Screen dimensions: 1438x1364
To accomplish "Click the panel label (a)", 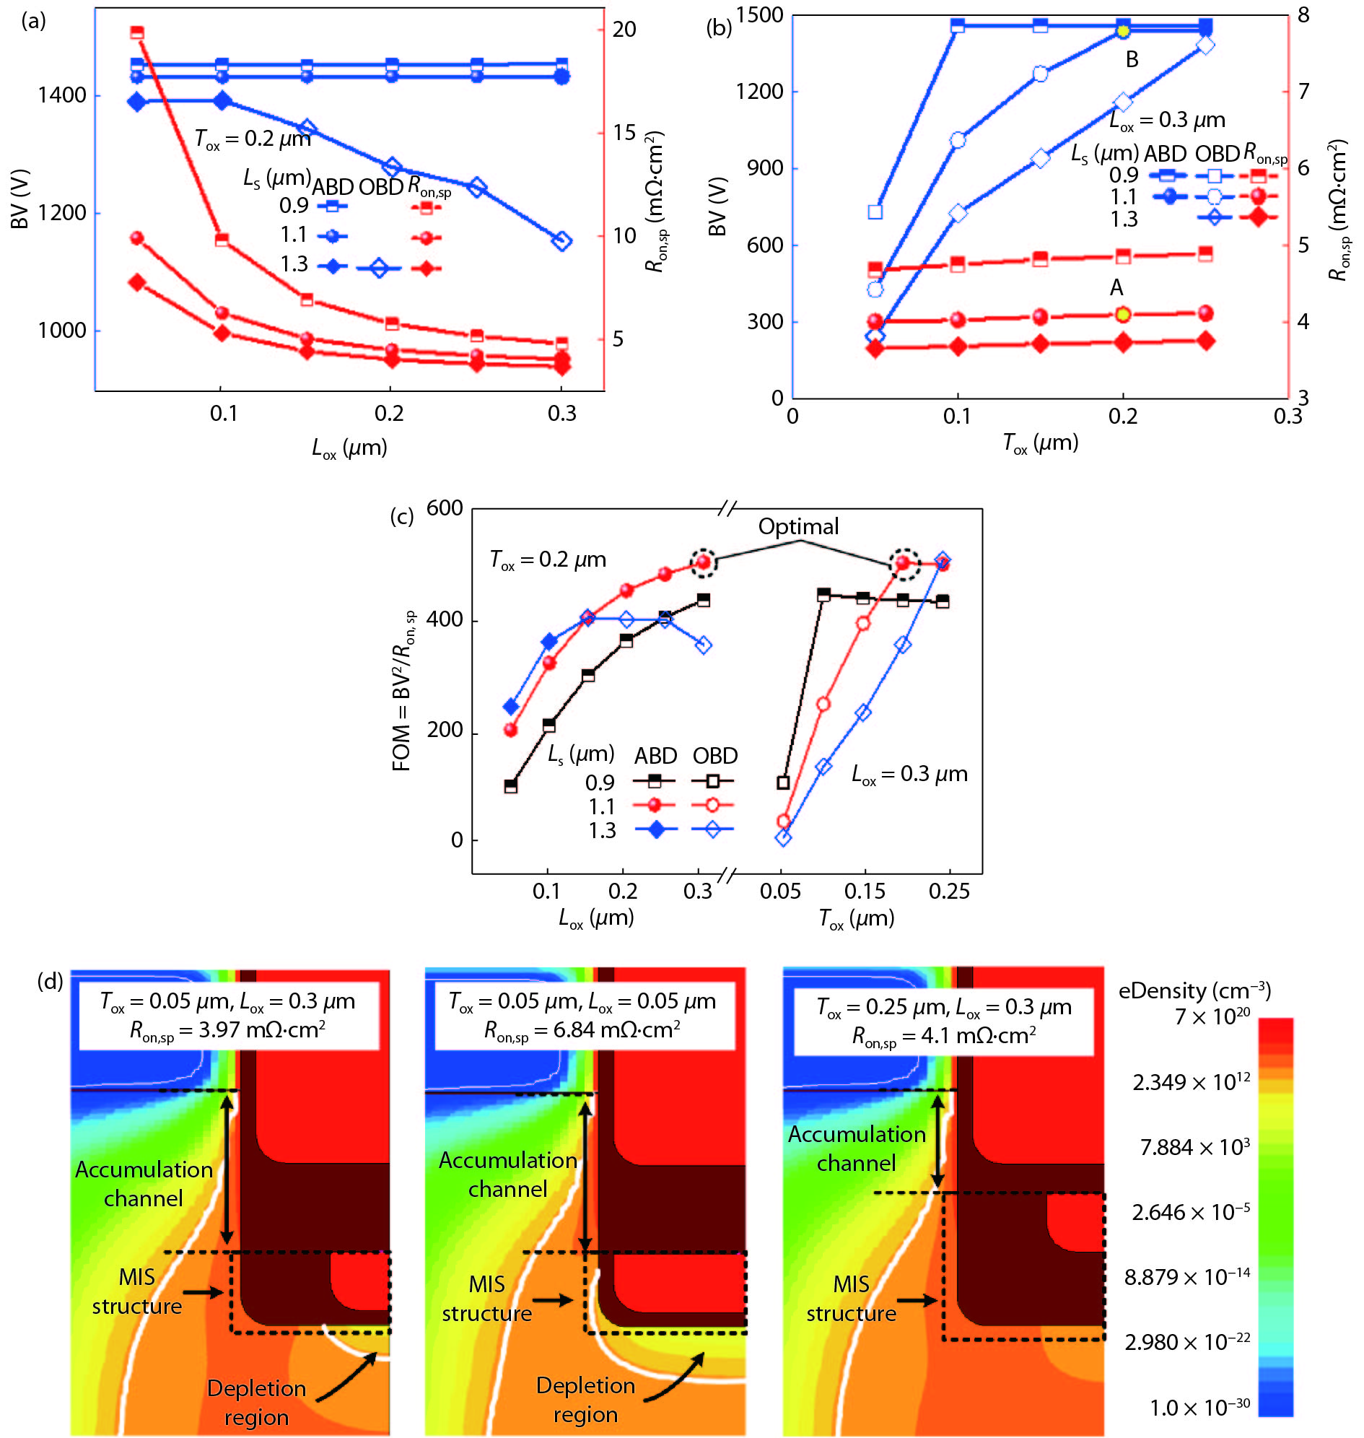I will (33, 21).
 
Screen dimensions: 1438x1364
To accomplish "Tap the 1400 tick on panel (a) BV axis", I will (62, 95).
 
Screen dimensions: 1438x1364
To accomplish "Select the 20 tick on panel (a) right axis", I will (624, 30).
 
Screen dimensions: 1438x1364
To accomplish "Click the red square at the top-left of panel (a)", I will (136, 32).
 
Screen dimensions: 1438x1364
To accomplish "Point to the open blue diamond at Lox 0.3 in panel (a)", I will (561, 241).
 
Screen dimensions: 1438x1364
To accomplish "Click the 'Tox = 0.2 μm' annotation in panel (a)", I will (253, 138).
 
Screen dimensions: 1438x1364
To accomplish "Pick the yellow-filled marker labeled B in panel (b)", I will (1124, 30).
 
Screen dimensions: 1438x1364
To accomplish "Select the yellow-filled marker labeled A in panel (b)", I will (1124, 314).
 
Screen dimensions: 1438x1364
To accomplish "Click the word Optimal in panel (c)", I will (798, 526).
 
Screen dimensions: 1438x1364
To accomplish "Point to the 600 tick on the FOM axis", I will (445, 508).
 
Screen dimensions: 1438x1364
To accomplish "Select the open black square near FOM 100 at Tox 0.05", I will (783, 783).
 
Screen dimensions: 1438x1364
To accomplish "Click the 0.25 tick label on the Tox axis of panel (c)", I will (949, 891).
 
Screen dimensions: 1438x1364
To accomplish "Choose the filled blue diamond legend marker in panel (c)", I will (656, 830).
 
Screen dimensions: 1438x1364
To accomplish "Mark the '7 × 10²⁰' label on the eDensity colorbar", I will (1212, 1016).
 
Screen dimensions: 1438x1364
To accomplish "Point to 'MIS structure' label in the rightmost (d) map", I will (852, 1299).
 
